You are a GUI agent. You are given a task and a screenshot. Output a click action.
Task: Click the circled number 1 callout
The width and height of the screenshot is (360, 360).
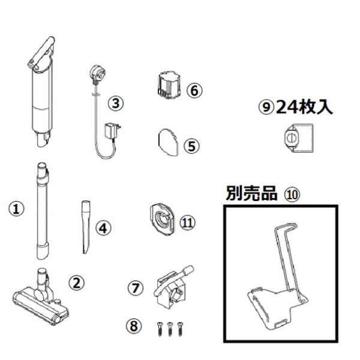pos(20,208)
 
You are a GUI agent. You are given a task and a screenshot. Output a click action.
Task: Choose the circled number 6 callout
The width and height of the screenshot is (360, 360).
pos(194,91)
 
